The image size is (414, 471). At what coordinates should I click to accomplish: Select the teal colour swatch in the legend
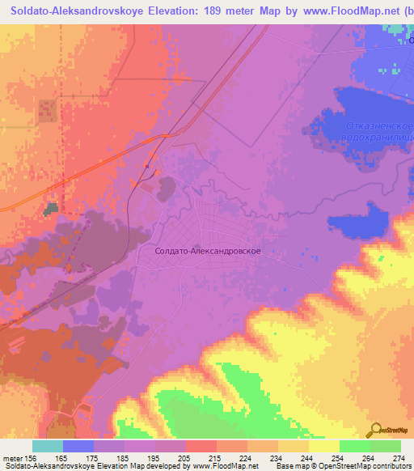click(48, 446)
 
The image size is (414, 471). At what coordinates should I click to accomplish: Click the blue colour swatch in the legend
click(78, 446)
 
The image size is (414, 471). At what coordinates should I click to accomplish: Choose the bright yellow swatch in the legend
click(324, 446)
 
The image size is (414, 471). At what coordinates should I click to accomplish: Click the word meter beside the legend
click(14, 457)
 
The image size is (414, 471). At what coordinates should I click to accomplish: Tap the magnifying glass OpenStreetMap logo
click(376, 429)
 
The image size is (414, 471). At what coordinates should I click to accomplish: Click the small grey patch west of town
click(53, 209)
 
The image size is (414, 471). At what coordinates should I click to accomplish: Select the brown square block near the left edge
click(45, 111)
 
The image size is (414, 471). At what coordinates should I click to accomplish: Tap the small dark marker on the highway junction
click(146, 166)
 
